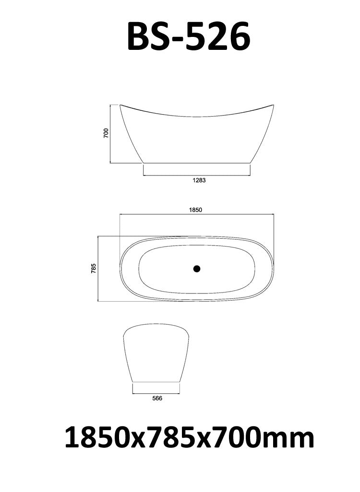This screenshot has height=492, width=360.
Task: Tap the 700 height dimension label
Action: [106, 133]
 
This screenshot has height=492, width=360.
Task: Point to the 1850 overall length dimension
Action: [196, 210]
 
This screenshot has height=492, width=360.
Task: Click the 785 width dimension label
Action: [94, 268]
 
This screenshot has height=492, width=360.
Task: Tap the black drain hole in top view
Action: [196, 269]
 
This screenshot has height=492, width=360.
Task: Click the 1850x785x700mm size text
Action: [189, 438]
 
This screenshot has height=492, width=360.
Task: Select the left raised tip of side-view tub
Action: [120, 105]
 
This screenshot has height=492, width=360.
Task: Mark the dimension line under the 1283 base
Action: [197, 175]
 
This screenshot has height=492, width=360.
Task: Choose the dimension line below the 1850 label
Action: [196, 215]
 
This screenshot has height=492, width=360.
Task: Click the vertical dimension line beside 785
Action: [98, 268]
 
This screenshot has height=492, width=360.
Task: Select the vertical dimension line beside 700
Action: [111, 133]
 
